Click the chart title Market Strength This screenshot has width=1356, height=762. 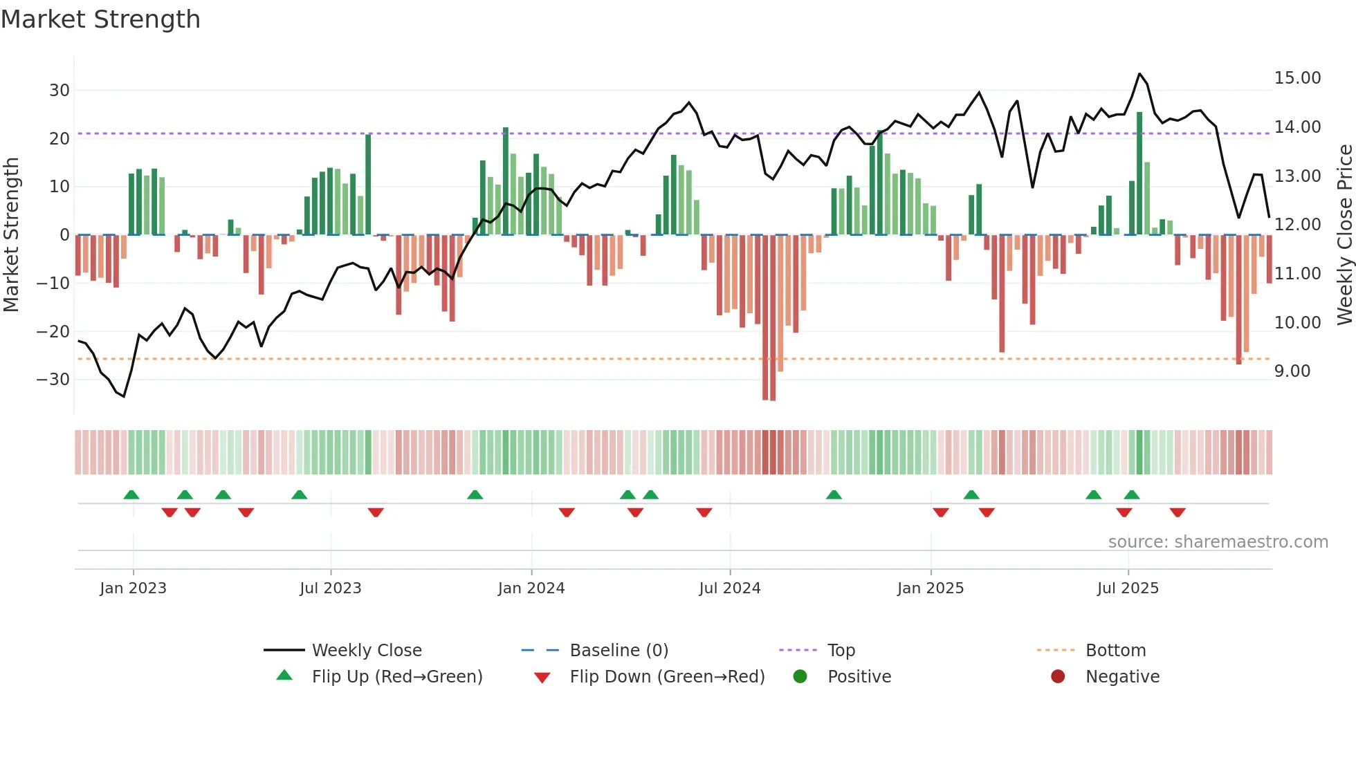tap(100, 19)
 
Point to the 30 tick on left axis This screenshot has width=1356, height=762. tap(59, 91)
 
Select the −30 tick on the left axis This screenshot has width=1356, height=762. tap(53, 380)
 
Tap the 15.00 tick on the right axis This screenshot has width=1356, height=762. tap(1297, 78)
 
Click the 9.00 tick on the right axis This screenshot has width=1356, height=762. tap(1292, 371)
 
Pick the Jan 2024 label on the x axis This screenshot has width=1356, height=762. tap(531, 588)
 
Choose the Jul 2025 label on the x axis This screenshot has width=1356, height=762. tap(1127, 588)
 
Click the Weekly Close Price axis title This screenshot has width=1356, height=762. tap(1344, 235)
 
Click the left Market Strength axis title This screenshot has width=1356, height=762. tap(12, 235)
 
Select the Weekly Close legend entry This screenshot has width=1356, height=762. tap(366, 651)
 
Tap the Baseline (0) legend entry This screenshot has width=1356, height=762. tap(619, 651)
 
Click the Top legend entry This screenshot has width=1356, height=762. tap(841, 651)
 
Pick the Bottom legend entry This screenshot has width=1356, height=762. tap(1115, 651)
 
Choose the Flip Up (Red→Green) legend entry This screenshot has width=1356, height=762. tap(396, 677)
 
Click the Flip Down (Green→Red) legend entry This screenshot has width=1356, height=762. tap(667, 677)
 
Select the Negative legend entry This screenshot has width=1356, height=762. tap(1121, 677)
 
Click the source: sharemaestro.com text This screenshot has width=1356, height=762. tap(1218, 542)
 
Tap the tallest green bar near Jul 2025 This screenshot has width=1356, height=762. tap(1139, 173)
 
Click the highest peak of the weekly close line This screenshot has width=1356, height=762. tap(1139, 74)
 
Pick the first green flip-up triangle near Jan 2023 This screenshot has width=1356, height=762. tap(131, 494)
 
